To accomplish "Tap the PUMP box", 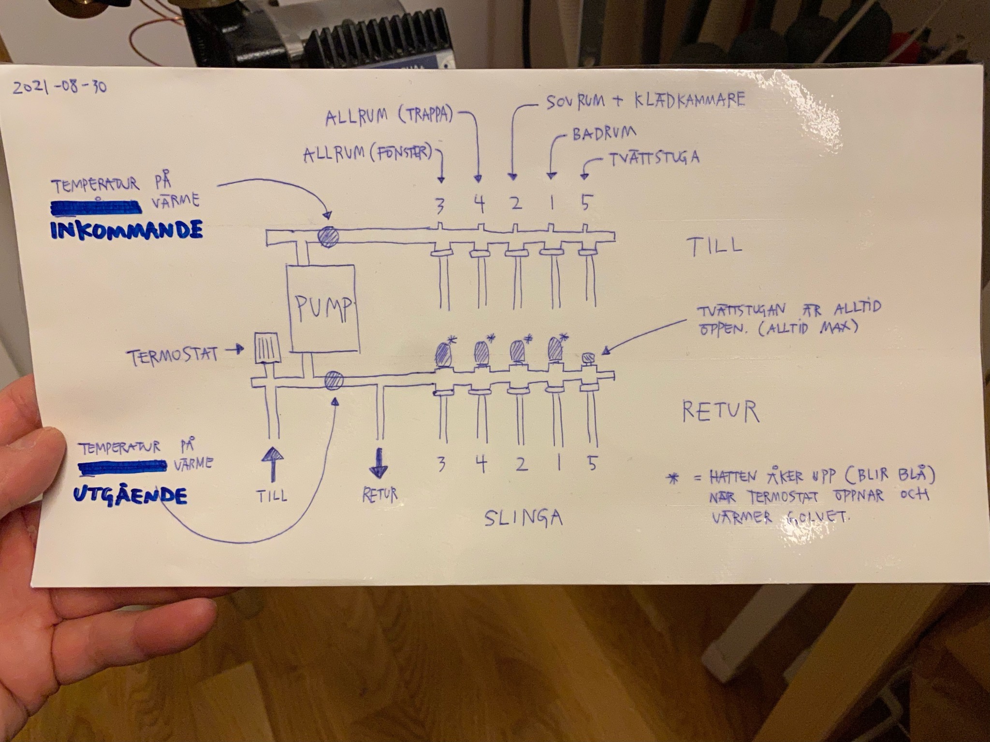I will click(x=323, y=309).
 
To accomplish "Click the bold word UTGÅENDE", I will click(x=130, y=496).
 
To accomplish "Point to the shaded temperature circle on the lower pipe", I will click(x=334, y=381).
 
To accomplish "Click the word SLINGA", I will click(x=523, y=518).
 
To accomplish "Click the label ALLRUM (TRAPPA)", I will click(x=389, y=116).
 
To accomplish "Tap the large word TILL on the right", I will click(x=715, y=246).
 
